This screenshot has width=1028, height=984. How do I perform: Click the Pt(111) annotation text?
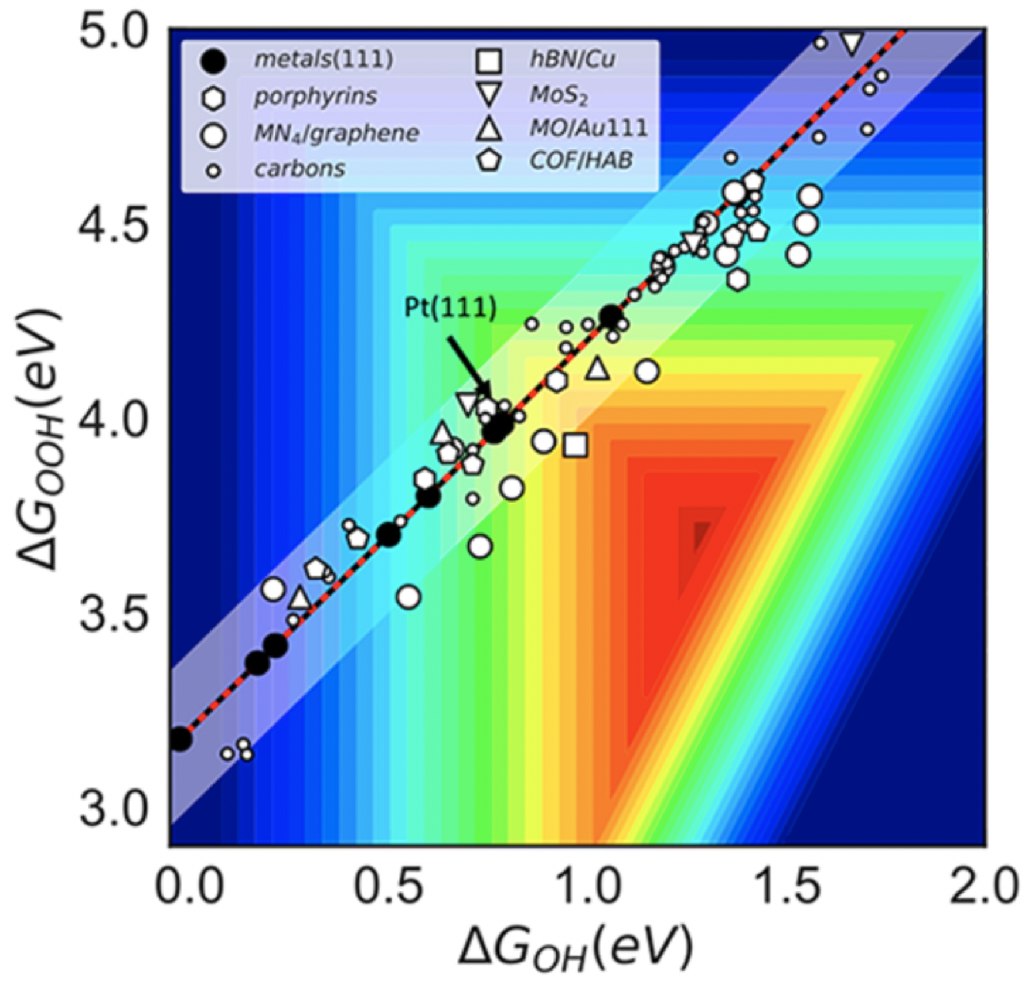pos(450,307)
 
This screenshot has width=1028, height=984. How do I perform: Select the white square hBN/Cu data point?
pos(576,446)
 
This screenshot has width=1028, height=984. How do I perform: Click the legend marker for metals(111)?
pos(213,60)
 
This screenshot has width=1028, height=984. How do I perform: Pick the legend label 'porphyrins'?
pos(315,97)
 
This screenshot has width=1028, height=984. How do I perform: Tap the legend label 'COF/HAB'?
pos(581,160)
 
